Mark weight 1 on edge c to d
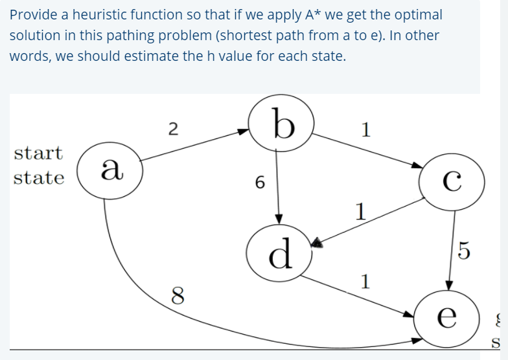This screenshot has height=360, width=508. [360, 211]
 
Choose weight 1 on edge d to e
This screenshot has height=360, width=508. [366, 281]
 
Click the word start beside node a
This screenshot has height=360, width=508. [38, 154]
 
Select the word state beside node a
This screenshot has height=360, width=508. [38, 178]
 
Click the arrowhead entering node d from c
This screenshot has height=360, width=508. [317, 243]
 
